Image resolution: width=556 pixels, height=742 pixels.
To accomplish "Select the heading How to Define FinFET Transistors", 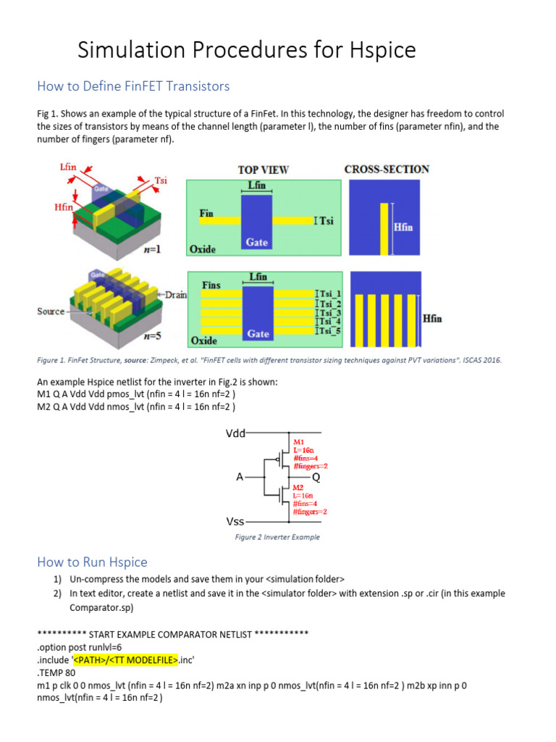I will (132, 86).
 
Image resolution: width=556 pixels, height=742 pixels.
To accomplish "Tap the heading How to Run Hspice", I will (92, 562).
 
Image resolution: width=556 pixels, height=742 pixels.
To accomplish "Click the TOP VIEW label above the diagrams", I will (264, 170).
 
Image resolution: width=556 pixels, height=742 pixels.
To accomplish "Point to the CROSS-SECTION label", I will (387, 169).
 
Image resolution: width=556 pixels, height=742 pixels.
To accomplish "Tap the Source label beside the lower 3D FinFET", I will (51, 311).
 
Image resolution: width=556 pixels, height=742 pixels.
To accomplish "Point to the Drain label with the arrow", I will (176, 295).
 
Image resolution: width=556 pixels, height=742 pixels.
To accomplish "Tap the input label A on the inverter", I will (240, 478).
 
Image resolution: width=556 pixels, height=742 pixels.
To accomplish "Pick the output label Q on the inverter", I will (316, 478).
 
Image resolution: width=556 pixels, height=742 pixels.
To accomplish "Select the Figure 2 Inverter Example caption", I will (277, 537).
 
